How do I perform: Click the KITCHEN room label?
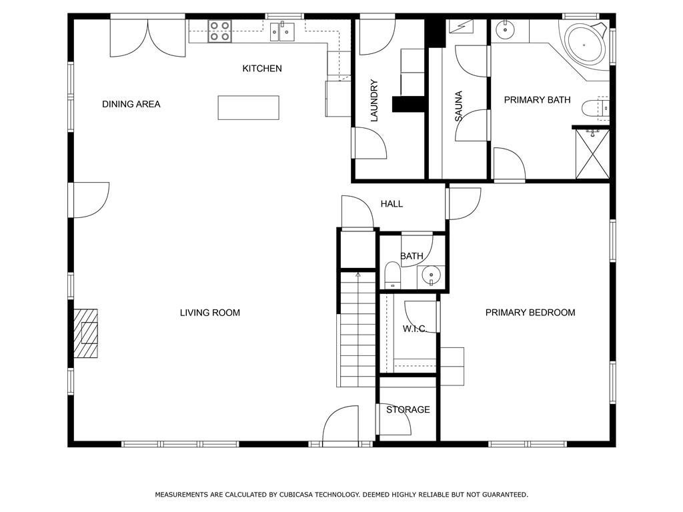[261, 69]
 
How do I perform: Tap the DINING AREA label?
[131, 104]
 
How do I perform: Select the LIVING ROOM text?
[210, 313]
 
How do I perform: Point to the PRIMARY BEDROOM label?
[530, 313]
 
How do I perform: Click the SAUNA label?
[458, 106]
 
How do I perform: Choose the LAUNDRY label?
[374, 100]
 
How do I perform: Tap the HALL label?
[392, 204]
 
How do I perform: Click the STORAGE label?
[408, 410]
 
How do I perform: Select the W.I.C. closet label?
[414, 329]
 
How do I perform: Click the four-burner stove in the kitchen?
[219, 31]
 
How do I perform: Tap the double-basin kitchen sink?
[282, 31]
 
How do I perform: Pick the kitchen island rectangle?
[248, 107]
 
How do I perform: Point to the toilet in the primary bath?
[595, 108]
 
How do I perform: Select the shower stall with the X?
[592, 153]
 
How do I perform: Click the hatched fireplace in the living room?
[85, 333]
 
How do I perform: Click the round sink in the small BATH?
[431, 275]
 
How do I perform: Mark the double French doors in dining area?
[147, 38]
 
